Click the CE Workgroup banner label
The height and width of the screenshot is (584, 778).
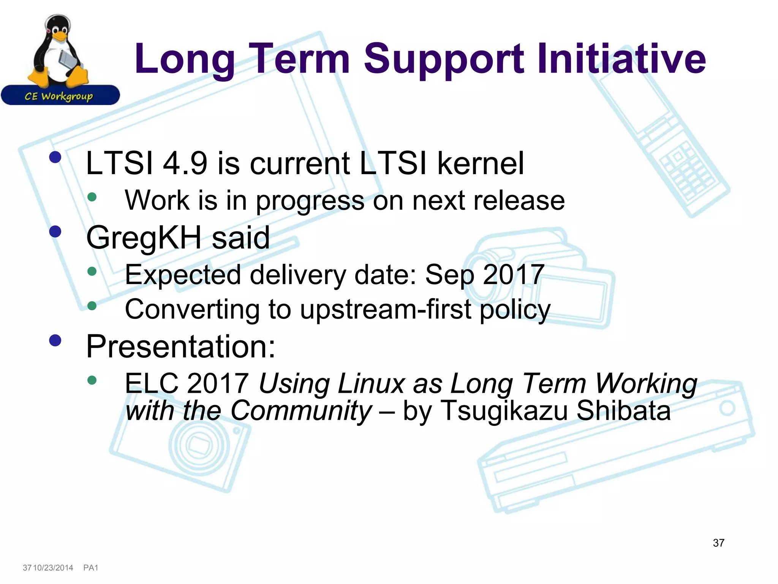tap(59, 96)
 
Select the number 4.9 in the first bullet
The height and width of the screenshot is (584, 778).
tap(185, 163)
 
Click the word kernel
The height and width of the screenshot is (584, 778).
tap(481, 163)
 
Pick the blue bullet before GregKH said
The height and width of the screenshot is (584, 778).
tap(55, 231)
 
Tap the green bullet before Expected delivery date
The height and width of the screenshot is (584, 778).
tap(92, 271)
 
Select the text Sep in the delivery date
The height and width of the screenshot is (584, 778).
tap(450, 275)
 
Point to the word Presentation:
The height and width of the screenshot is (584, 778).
tap(181, 347)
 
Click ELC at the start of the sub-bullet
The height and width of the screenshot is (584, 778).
tap(152, 383)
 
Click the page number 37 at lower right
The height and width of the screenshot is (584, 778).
tap(718, 543)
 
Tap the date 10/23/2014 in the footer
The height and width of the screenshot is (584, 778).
tap(53, 568)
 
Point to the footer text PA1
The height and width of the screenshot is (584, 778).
tap(91, 568)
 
